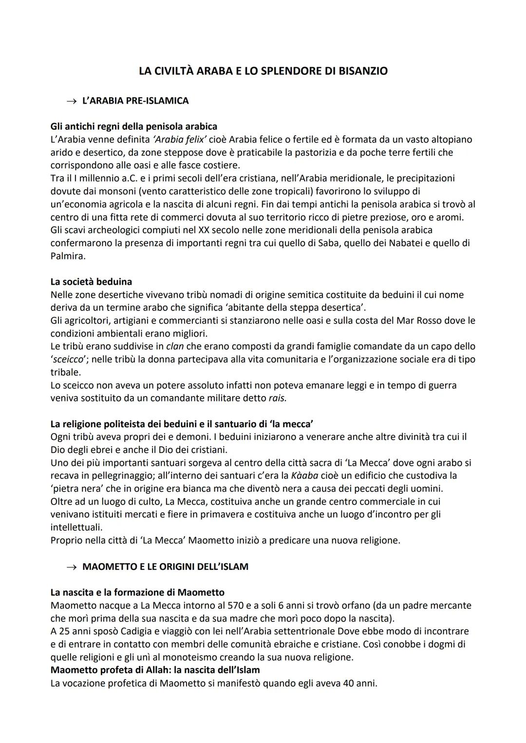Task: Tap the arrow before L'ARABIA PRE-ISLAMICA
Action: [x=72, y=101]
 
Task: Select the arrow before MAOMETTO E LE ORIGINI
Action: [x=72, y=567]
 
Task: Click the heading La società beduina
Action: [x=91, y=282]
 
